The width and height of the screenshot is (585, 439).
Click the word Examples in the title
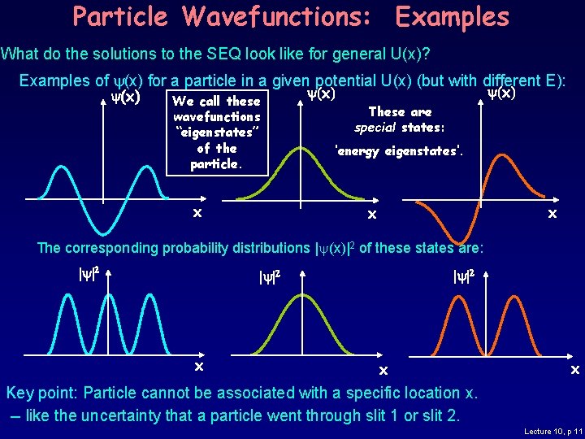452,16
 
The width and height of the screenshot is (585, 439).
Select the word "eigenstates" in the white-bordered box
216,133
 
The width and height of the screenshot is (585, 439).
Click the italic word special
375,128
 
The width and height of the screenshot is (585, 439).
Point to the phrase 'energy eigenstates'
399,150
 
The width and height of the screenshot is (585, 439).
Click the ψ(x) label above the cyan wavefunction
120,98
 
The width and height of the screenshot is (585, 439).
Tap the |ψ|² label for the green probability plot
270,278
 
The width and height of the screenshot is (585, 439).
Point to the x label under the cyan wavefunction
197,213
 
